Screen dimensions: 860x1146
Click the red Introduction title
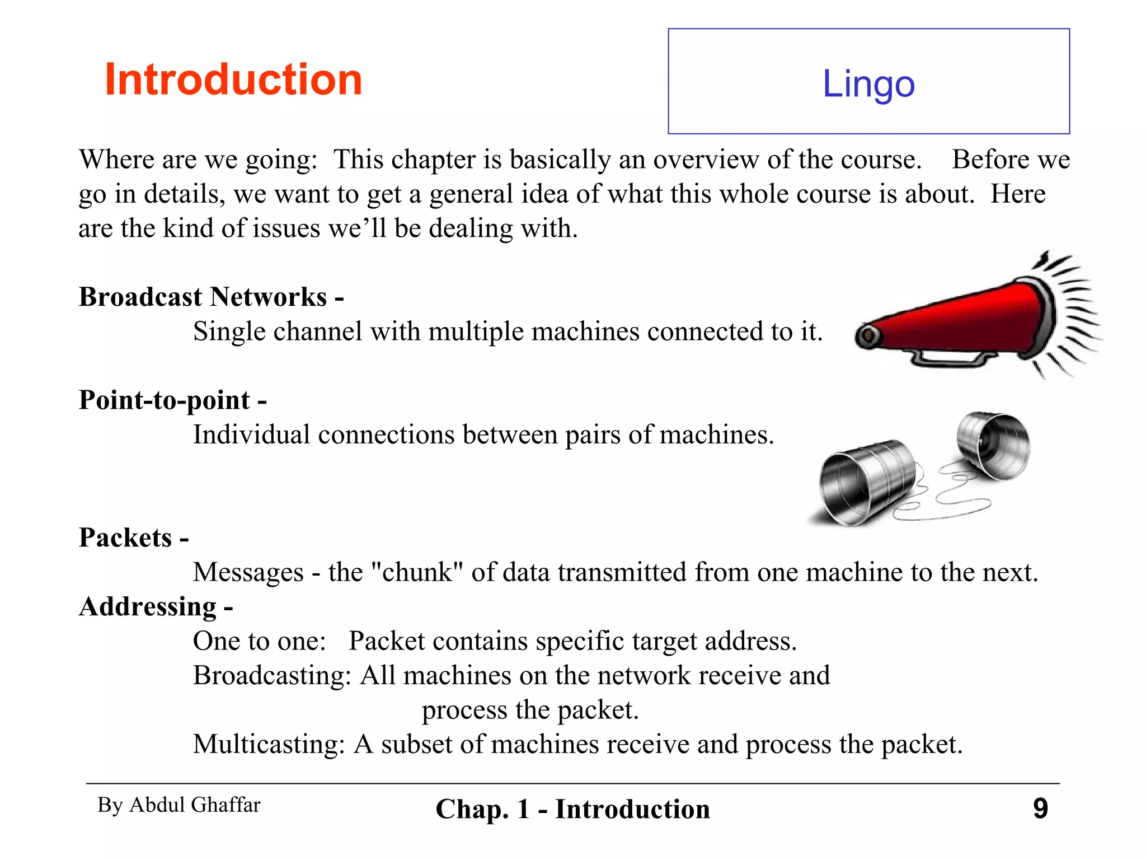[233, 80]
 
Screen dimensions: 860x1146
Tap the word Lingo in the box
[868, 84]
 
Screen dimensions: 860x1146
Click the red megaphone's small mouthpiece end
[868, 336]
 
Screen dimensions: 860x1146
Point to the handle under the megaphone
[949, 358]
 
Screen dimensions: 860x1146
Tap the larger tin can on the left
[865, 482]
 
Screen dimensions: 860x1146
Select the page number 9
[1040, 808]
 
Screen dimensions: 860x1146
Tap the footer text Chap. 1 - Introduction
[572, 810]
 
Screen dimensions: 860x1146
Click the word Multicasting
[268, 745]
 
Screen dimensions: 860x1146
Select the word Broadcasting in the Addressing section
[271, 676]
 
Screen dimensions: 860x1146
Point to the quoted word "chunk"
[417, 572]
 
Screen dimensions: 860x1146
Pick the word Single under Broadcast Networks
[229, 331]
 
